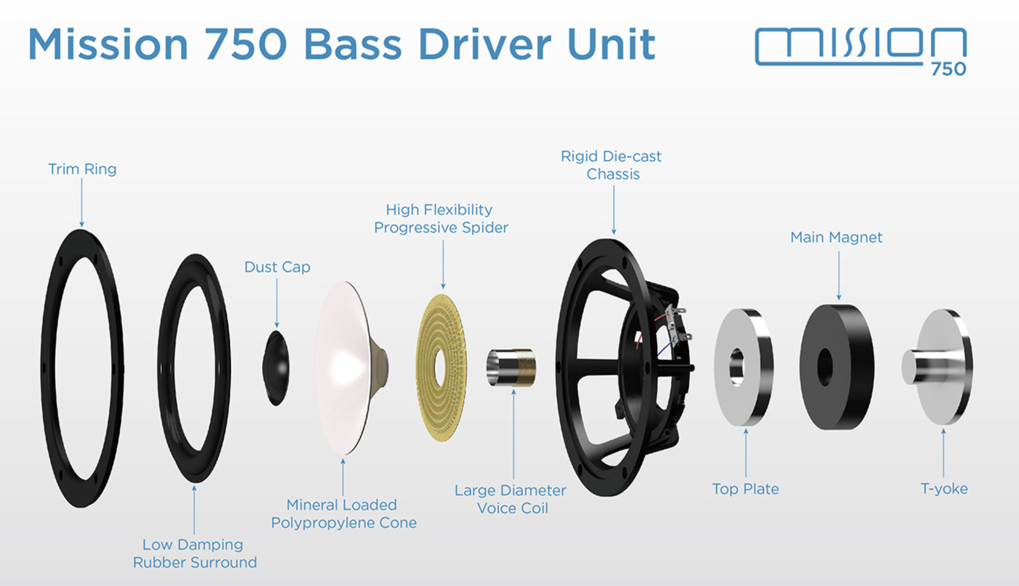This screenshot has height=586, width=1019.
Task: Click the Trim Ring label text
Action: pos(82,169)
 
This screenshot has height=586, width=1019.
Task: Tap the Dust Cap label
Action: pos(277,267)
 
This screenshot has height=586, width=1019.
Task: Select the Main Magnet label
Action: pos(836,237)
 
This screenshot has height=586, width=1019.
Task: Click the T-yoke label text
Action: pos(944,488)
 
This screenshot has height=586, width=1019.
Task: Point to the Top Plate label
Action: pos(745,489)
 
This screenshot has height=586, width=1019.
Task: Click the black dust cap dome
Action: pos(276,368)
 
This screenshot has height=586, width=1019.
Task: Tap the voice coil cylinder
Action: pos(511,367)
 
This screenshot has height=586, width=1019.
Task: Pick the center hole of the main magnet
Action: pos(825,366)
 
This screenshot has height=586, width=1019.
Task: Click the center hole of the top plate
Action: pos(737,366)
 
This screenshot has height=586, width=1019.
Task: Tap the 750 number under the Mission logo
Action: pos(948,69)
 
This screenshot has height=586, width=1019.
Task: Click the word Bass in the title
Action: pos(352,44)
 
